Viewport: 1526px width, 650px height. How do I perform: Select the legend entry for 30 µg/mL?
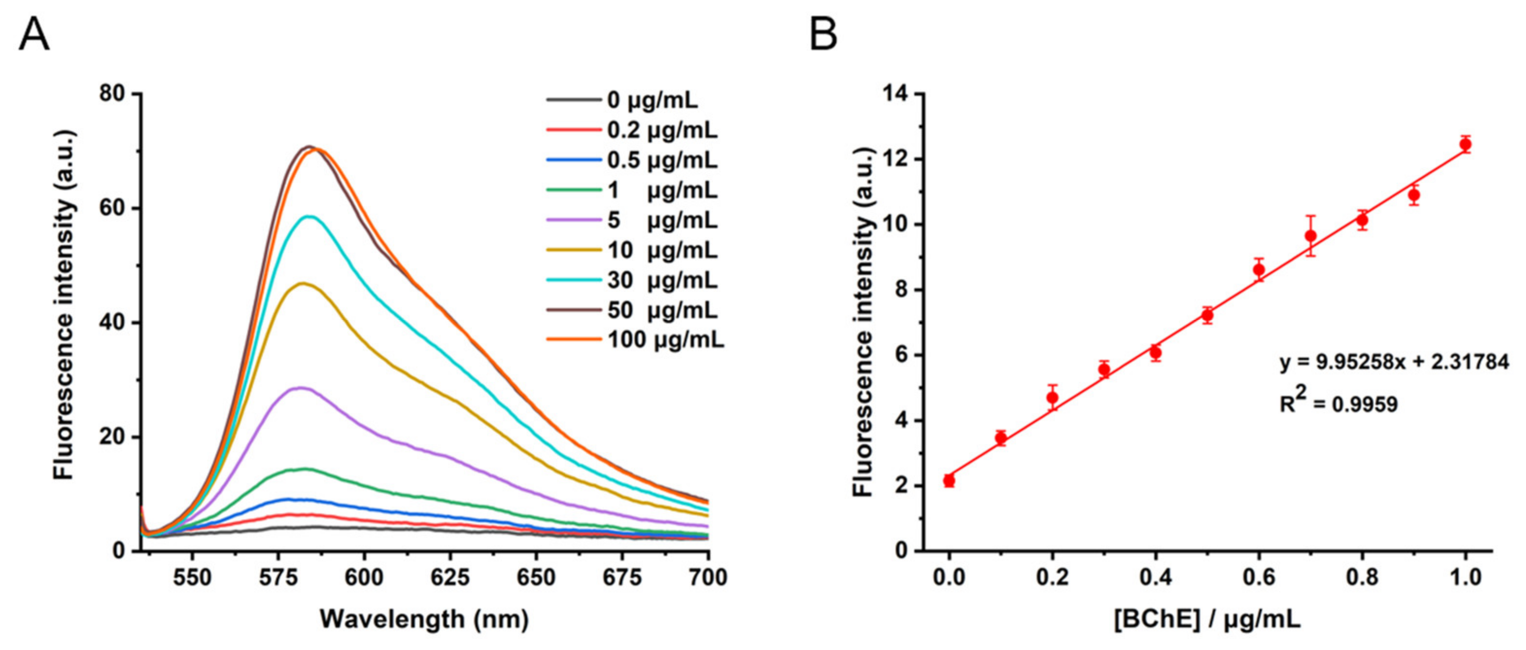662,280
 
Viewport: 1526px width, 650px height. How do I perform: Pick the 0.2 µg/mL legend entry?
662,130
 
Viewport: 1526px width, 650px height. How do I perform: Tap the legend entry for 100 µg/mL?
665,340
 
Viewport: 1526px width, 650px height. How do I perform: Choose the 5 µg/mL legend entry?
662,220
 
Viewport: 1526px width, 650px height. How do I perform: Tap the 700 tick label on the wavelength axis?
708,577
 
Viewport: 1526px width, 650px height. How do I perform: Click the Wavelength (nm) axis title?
424,620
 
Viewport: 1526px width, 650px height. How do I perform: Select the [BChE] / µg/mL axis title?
1207,620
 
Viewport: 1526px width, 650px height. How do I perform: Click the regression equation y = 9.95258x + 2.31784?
1394,361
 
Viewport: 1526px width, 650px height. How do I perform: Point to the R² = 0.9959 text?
1338,404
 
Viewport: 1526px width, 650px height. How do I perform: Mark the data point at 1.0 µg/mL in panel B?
1466,144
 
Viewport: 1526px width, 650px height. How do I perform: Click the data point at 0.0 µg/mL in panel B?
949,480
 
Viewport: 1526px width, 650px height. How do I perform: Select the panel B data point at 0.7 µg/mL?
1311,236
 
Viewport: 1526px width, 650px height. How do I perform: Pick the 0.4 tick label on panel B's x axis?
1155,577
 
